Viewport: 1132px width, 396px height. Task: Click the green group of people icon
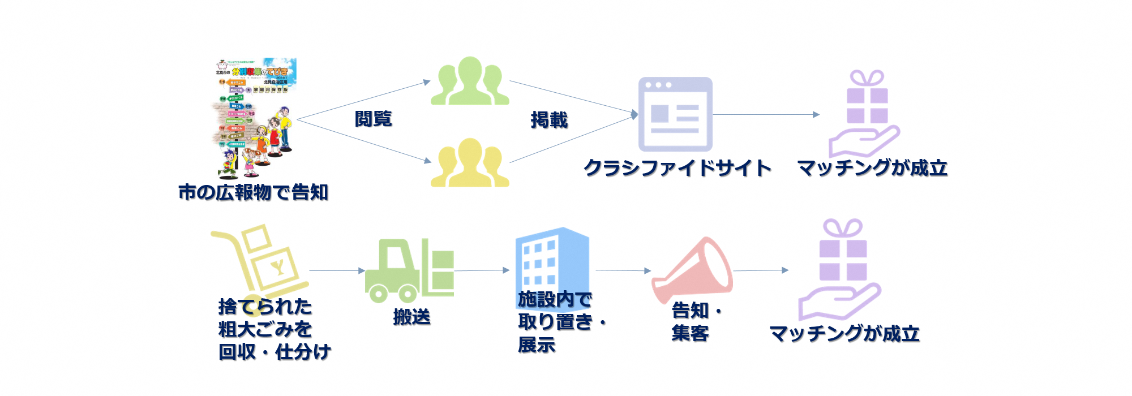click(x=470, y=82)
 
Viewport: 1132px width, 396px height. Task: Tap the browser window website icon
click(x=675, y=114)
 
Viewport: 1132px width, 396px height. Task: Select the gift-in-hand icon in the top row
click(x=865, y=113)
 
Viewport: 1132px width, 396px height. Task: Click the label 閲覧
click(x=373, y=119)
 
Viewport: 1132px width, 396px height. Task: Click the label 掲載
click(x=549, y=120)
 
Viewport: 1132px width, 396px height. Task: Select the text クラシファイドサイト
click(x=677, y=168)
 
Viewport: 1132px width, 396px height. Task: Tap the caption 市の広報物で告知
click(x=253, y=192)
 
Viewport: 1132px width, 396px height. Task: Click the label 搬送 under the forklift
click(x=411, y=317)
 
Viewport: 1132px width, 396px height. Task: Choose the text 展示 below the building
click(x=537, y=344)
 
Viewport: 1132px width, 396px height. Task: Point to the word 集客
click(x=690, y=333)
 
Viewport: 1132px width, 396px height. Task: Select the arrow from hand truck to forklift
click(x=337, y=270)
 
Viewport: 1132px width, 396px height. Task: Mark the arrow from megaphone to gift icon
click(x=760, y=270)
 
